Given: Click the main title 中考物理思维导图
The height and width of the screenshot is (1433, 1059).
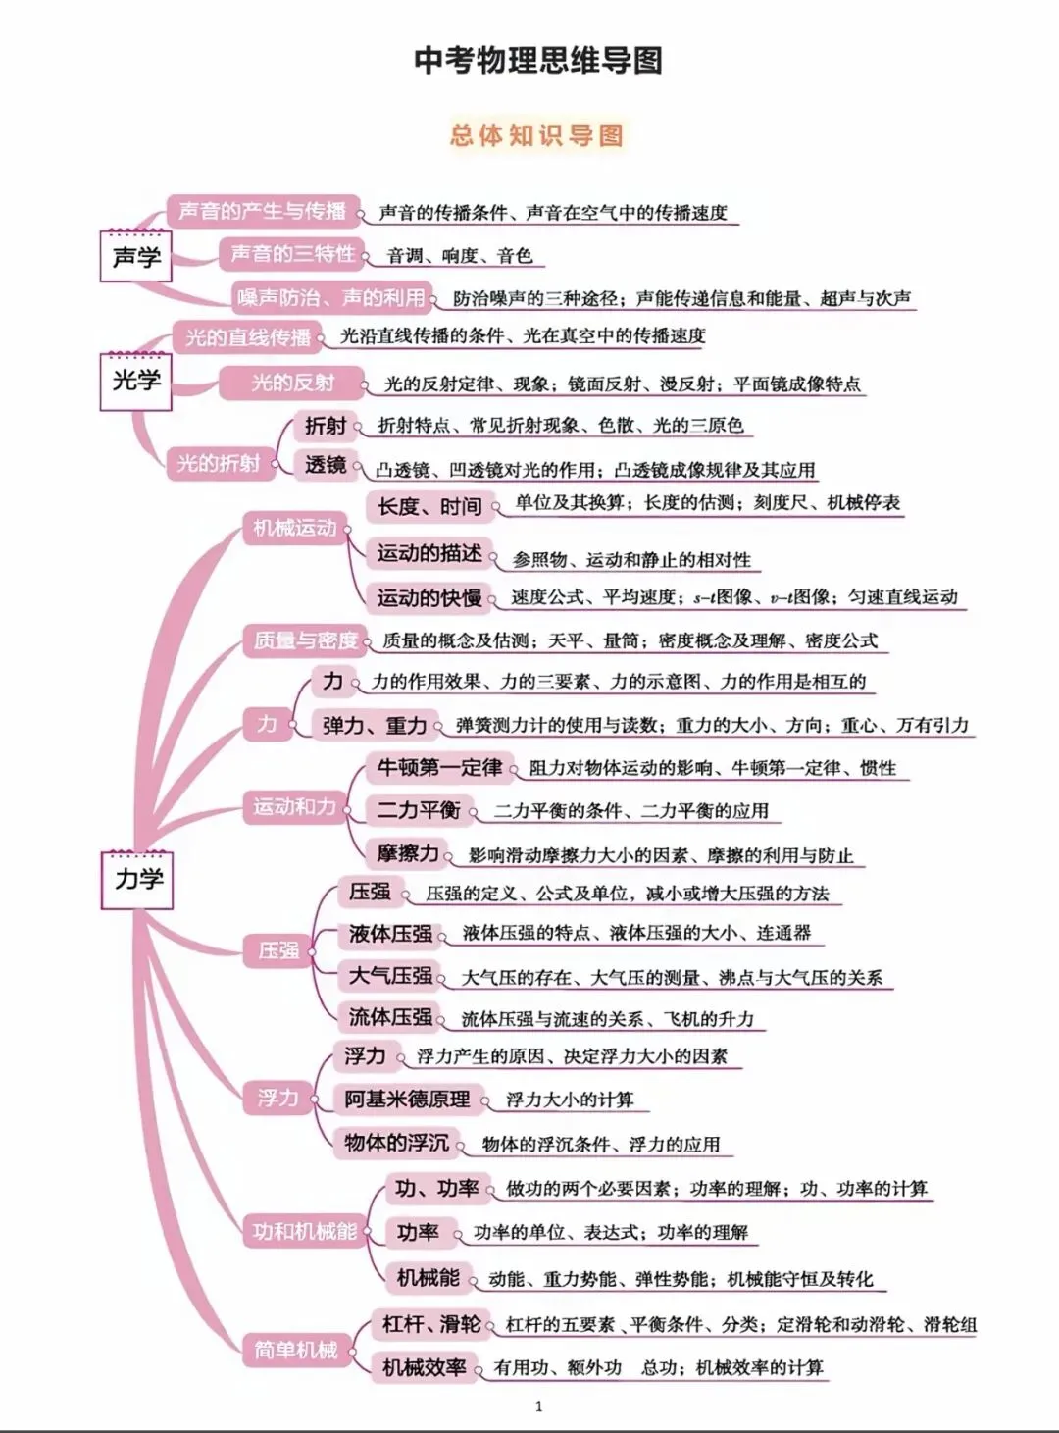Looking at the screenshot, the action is coord(537,61).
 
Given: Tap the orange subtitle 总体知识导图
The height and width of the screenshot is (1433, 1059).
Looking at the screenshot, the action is coord(536,134).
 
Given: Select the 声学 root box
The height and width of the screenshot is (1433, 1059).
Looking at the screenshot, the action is coord(136,257).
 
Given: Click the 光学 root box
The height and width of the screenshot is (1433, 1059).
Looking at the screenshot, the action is coord(136,380).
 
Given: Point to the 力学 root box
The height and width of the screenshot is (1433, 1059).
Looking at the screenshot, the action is coord(138,879).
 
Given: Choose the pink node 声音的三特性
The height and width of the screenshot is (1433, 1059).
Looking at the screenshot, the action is coord(292,254).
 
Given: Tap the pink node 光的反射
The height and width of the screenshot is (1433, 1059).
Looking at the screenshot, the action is coord(292,383).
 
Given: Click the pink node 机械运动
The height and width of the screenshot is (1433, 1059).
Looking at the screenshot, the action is coord(294,528).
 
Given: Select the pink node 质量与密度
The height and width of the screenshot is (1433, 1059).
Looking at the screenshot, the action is coord(305,640).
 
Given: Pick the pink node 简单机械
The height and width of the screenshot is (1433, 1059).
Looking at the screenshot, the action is coord(295,1350).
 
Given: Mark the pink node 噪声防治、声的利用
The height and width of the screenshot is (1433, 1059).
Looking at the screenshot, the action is coord(332,296).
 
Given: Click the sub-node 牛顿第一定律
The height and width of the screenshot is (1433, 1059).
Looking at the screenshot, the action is coord(439,767).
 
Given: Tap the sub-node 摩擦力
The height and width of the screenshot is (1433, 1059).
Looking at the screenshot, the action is coord(408,853).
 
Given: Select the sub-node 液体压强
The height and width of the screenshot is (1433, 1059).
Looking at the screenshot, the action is coord(390,934).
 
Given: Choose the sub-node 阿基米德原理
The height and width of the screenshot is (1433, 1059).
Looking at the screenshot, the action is coord(407,1100).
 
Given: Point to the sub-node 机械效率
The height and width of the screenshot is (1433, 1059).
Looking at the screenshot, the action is coord(424,1367).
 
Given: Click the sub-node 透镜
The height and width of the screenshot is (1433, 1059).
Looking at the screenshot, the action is coord(325,465).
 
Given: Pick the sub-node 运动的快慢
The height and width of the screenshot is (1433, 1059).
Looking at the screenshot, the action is coord(429,597).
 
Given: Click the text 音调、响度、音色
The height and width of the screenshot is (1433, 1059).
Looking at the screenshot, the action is coord(459,256).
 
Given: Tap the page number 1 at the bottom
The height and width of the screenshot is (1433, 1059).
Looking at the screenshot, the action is coord(538,1407).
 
